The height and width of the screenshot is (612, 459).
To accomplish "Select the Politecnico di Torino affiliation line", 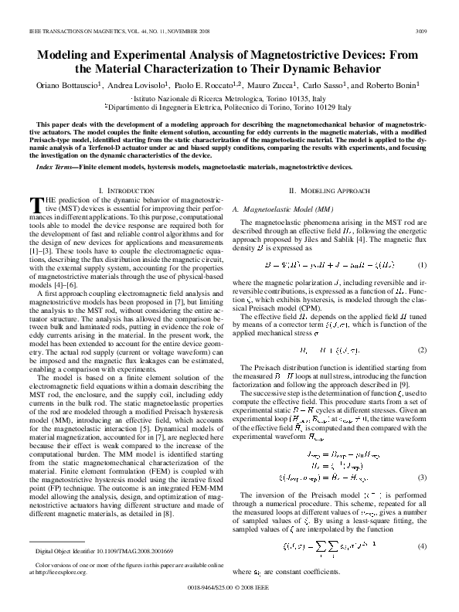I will (x=229, y=107).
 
